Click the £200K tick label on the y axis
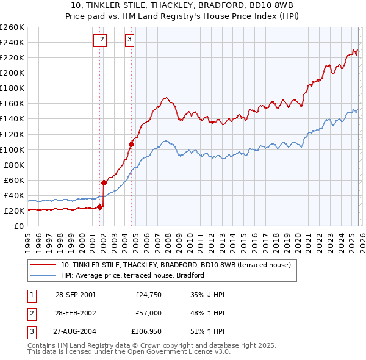pos(12,73)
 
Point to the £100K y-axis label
pos(12,149)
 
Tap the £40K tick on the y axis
pos(14,195)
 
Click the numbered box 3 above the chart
pos(130,40)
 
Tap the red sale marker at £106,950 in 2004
pos(131,145)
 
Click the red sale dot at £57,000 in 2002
pos(104,182)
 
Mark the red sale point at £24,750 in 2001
pos(100,207)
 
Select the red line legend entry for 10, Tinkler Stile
pos(177,265)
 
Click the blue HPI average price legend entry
pos(134,276)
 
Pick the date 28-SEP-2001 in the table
pos(75,295)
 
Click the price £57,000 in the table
pos(148,312)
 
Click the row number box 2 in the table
pos(30,312)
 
